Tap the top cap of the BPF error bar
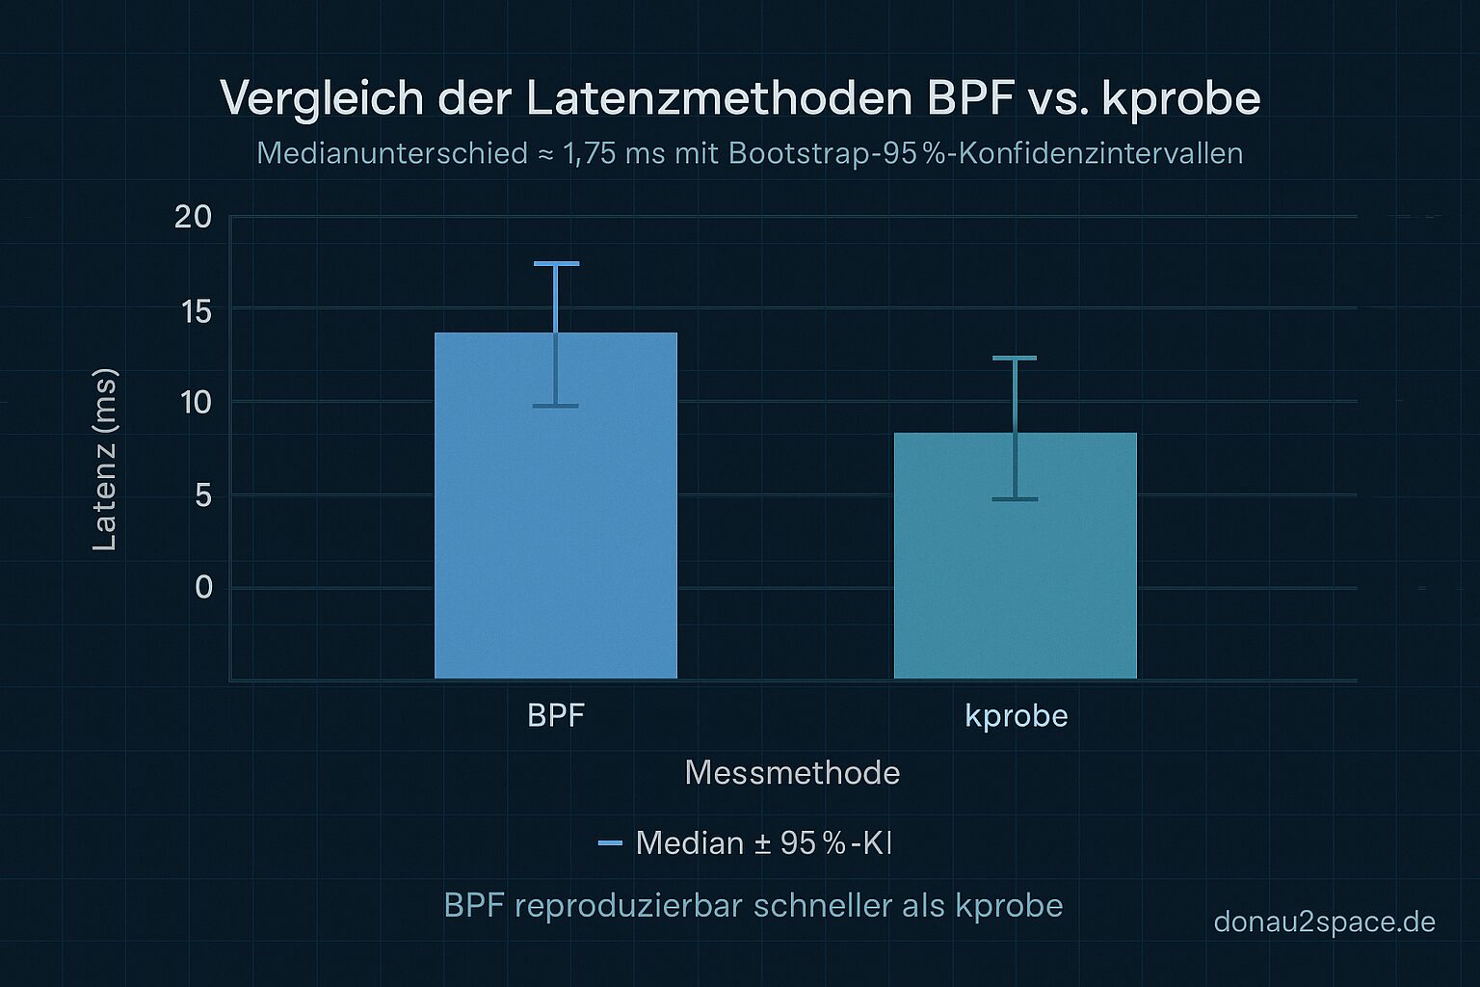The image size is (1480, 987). pos(556,263)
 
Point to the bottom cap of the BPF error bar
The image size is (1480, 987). pos(556,406)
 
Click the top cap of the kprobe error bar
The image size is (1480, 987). pos(1015,358)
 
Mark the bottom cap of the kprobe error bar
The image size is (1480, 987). pos(1015,499)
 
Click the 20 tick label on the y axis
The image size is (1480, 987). pos(193,217)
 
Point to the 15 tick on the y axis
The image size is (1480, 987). pos(196,310)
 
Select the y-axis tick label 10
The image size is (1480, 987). pos(196,402)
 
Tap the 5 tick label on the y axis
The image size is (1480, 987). pos(203,495)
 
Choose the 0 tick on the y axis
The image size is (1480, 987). pos(203,587)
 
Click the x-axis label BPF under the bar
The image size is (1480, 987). pos(556,715)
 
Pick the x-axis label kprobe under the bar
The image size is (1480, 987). pos(1017,715)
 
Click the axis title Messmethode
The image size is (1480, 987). pos(792,772)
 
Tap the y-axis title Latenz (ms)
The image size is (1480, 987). pos(104,460)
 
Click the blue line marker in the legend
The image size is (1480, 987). pos(610,843)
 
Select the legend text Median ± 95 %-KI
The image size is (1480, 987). pos(763,843)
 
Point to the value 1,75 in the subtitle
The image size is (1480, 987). pos(589,153)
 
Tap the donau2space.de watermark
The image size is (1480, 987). pos(1324,921)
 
